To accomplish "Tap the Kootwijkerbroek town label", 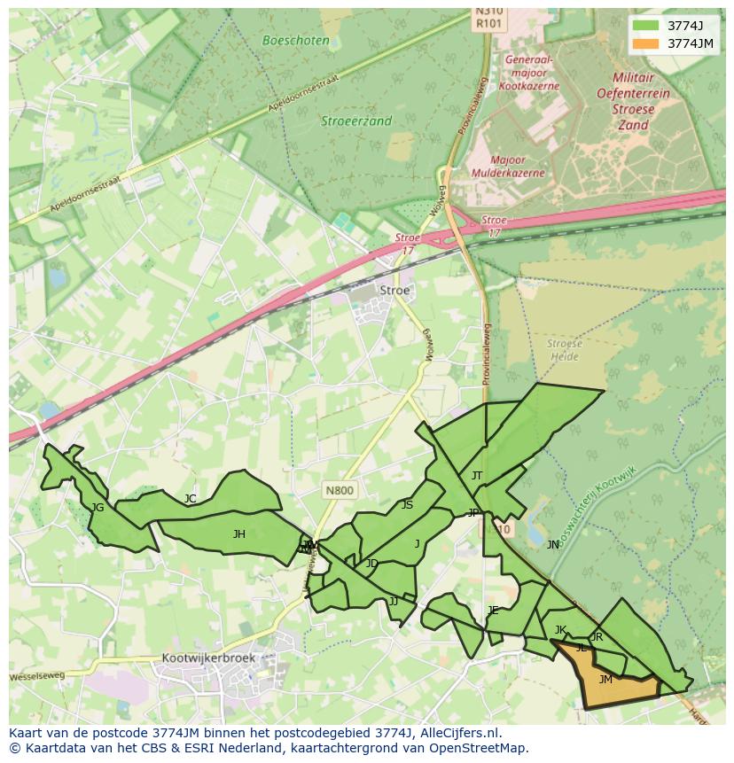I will (x=208, y=658).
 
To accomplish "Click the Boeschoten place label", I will (x=296, y=40).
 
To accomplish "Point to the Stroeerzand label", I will (x=355, y=121).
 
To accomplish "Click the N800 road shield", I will (x=339, y=490).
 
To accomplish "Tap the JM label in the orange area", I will (x=605, y=680).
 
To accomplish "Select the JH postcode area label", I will (x=238, y=534).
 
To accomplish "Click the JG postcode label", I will (x=98, y=508).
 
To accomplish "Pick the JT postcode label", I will (x=477, y=476).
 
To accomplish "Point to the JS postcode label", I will (x=407, y=505).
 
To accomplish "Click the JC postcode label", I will (x=190, y=499).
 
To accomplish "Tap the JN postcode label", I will (x=553, y=545).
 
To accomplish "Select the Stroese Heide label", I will (x=564, y=350).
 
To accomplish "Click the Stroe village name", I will (x=394, y=290).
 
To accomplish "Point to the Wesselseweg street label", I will (x=37, y=676).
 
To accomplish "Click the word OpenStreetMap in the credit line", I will (x=478, y=748).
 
